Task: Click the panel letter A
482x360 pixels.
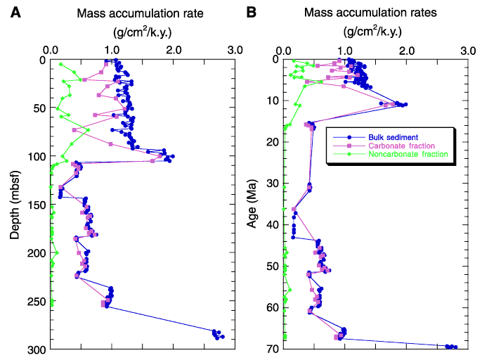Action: click(x=15, y=13)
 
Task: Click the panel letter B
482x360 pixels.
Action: click(x=252, y=13)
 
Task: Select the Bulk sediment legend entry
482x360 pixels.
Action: click(x=393, y=137)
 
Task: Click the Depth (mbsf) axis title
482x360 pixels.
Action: click(x=15, y=205)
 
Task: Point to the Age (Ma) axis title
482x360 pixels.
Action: click(x=252, y=204)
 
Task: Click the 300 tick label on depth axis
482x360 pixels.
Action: click(x=37, y=350)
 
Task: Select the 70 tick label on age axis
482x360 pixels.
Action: click(x=273, y=349)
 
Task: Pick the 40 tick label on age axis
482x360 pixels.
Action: click(x=273, y=224)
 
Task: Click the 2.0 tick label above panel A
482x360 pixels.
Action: click(x=174, y=50)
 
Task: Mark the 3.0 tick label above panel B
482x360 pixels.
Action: click(x=468, y=51)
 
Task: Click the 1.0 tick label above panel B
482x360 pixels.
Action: click(x=345, y=51)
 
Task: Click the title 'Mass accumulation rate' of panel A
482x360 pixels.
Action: click(x=141, y=13)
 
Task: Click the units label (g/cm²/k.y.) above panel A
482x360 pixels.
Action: click(x=143, y=32)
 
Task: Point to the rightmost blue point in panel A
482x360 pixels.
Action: click(x=223, y=337)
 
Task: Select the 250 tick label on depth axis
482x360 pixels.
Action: click(x=37, y=302)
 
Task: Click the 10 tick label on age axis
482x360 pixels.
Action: click(x=273, y=101)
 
